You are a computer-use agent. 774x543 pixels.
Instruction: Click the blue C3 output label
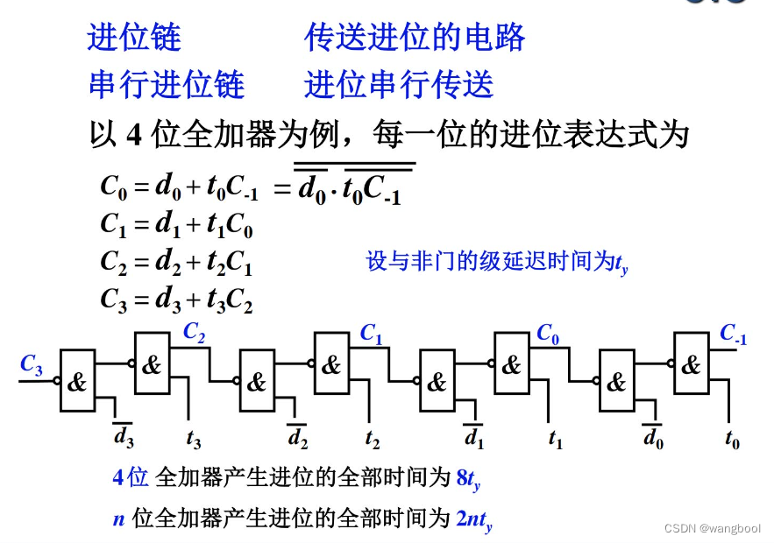[32, 366]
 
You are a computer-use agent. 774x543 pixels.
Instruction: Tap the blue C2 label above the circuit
[195, 332]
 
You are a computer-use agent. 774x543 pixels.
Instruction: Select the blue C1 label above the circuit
[372, 334]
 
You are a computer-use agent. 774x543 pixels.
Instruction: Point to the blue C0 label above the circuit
[549, 334]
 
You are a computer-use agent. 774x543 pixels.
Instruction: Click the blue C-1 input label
[733, 334]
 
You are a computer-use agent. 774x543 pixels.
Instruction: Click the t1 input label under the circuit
[555, 436]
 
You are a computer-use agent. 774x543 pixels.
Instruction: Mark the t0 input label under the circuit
[733, 436]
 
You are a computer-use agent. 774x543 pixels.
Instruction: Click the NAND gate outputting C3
[78, 381]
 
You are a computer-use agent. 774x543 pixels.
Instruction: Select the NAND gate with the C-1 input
[691, 363]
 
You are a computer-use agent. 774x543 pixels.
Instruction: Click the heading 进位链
[134, 38]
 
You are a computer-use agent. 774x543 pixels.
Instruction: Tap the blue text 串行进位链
[167, 85]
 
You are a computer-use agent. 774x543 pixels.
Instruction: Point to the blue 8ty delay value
[469, 478]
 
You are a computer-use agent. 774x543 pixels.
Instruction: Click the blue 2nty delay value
[474, 519]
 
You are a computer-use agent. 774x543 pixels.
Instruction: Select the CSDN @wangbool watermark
[712, 528]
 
